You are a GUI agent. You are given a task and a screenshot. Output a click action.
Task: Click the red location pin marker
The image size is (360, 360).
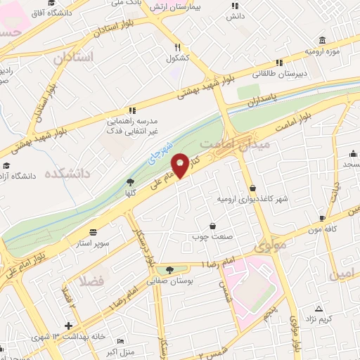click(181, 165)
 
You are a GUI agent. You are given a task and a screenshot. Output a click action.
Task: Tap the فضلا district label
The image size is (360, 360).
click(91, 283)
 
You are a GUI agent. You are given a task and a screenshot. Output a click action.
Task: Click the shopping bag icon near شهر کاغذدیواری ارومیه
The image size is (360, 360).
click(252, 187)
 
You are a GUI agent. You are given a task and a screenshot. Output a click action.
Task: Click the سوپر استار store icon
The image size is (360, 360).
click(94, 231)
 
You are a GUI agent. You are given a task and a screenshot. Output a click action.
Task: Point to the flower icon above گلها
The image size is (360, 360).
click(131, 181)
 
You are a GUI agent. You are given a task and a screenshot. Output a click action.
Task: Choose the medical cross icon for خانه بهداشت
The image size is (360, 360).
click(67, 326)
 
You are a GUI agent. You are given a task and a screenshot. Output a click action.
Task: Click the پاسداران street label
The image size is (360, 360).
click(264, 103)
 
